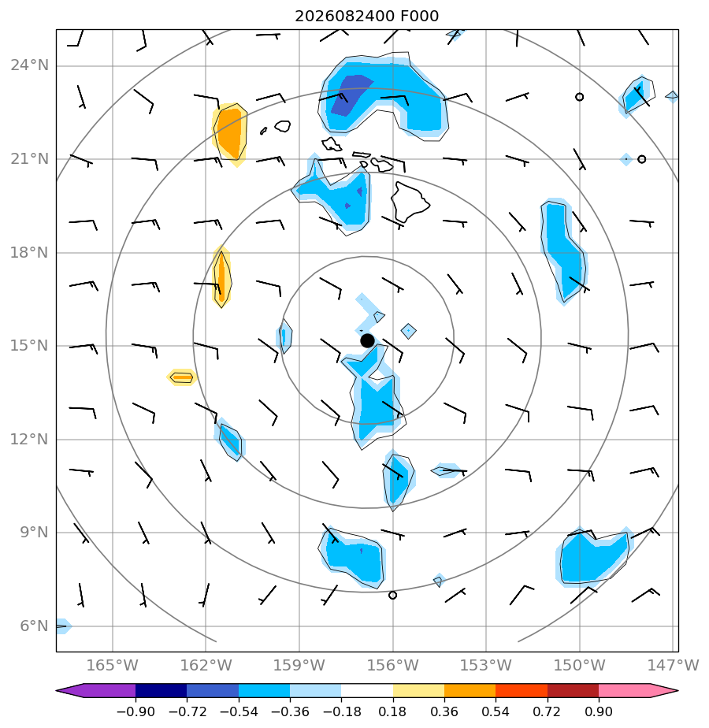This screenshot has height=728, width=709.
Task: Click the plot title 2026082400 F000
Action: (366, 17)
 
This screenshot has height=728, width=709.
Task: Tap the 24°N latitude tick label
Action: (29, 65)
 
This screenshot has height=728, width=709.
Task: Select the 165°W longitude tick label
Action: (113, 665)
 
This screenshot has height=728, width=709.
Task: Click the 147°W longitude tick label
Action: (673, 665)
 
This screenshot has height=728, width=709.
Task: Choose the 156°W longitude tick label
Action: (393, 665)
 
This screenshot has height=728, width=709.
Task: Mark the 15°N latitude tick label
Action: (29, 345)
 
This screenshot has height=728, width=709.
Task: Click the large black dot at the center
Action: (367, 341)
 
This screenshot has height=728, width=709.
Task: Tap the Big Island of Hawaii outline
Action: (409, 202)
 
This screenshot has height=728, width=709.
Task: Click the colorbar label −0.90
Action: (135, 711)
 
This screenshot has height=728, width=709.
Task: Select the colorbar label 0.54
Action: (496, 711)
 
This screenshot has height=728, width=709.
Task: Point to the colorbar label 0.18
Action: (393, 711)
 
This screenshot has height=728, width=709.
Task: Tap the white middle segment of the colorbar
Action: (367, 691)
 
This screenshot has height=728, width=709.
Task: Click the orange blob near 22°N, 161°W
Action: (230, 133)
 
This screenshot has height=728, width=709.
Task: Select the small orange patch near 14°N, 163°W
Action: (181, 377)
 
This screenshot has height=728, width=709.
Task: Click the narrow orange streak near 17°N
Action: (221, 277)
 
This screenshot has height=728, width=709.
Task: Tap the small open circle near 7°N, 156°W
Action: (392, 595)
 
